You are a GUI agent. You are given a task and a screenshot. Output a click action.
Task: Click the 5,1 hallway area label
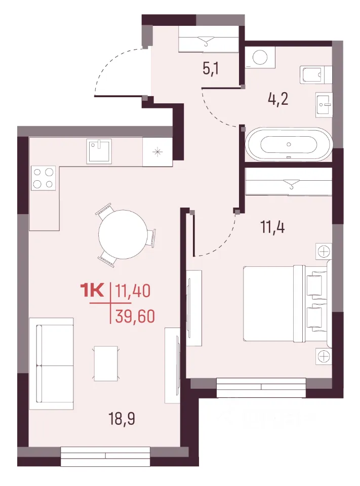pos(211,68)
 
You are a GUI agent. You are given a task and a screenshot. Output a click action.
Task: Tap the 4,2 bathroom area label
pos(278,99)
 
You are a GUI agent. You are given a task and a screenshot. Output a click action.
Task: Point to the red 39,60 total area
pos(135,316)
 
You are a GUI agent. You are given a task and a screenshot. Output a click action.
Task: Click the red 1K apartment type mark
pos(92,291)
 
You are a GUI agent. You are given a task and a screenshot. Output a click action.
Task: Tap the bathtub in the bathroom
pos(289,144)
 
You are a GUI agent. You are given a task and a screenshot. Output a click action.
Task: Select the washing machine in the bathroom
pos(260,57)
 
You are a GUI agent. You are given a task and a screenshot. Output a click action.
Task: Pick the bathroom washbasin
pos(324,104)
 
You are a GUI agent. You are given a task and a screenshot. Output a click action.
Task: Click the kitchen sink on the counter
pos(99,151)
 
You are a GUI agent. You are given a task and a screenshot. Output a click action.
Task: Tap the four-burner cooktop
pos(43,178)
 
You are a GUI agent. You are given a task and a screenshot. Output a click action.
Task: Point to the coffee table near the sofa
pos(106,363)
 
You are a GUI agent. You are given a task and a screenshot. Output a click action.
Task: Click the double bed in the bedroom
pos(285,303)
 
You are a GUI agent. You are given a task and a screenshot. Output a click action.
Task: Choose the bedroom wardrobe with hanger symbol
pos(289,182)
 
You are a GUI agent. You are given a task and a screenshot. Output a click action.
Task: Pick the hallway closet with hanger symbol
pos(209,39)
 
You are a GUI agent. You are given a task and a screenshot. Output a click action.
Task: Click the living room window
pos(105,456)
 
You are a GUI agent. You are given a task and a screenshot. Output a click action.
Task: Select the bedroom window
pos(261,387)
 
